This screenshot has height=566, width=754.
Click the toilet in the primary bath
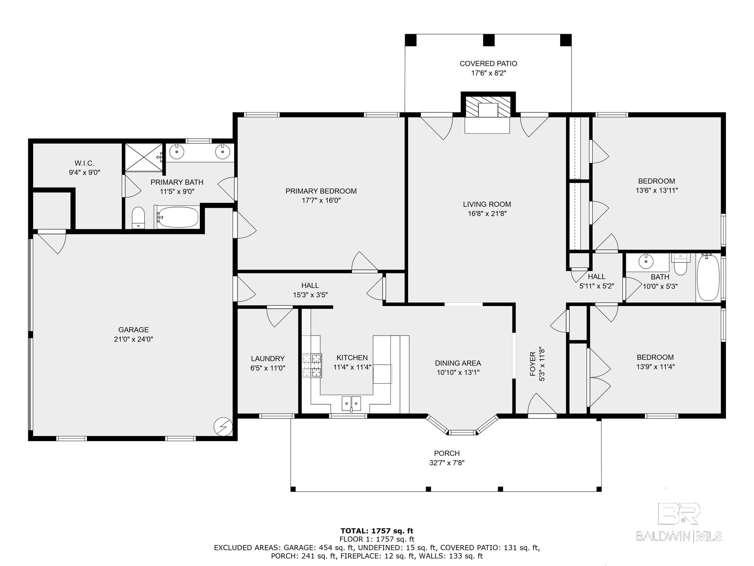138,217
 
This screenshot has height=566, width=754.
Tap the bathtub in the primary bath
177,217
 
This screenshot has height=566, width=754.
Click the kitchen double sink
351,404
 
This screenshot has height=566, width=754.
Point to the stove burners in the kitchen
312,365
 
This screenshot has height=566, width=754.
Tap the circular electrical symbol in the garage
223,426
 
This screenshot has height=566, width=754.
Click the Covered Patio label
488,63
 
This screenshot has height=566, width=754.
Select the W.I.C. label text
84,163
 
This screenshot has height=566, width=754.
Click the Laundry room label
268,359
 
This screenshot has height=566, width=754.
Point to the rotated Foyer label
532,364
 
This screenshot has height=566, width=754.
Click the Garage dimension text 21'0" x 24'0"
134,339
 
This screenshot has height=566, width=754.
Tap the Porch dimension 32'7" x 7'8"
447,463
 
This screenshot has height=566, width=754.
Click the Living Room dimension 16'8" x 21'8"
487,214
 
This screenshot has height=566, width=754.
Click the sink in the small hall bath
646,262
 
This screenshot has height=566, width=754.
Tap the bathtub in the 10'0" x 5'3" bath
708,278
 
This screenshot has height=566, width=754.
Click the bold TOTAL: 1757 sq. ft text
377,531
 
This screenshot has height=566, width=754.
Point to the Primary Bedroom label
321,191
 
